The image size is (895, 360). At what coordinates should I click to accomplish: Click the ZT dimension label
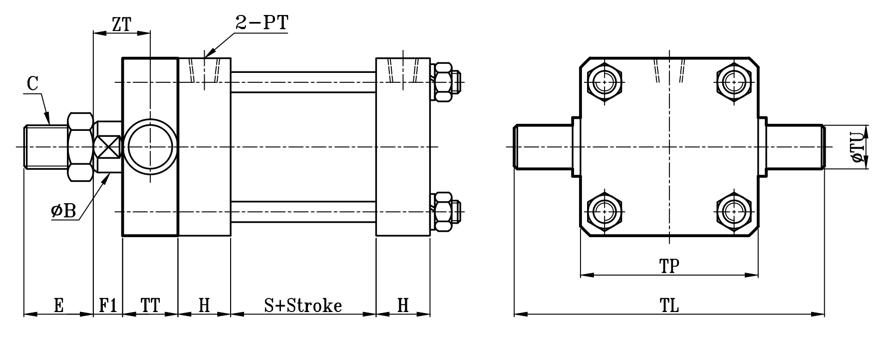click(121, 24)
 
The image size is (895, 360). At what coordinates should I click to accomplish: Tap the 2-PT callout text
click(262, 23)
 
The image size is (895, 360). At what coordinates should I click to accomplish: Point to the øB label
click(63, 211)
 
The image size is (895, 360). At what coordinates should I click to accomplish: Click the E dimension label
click(58, 305)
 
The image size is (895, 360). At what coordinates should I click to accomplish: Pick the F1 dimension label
click(108, 305)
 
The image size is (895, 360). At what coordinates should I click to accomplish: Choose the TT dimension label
click(150, 305)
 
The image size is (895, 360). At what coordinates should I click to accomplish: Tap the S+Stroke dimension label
click(303, 305)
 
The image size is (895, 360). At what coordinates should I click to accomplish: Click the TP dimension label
click(669, 266)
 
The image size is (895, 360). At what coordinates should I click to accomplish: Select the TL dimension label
click(669, 305)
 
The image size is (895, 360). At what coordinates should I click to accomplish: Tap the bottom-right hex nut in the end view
click(733, 212)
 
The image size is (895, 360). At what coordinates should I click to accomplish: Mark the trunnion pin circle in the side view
click(150, 147)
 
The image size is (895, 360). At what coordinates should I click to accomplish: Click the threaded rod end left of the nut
click(45, 147)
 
